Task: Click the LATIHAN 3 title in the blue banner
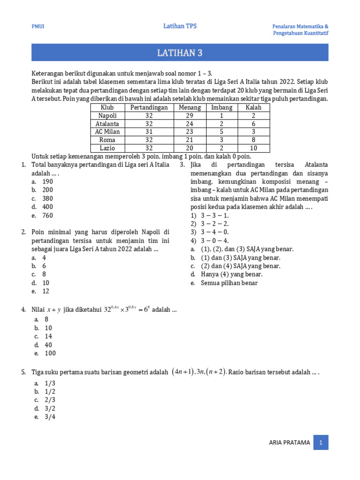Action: tap(180, 52)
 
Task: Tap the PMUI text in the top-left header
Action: tap(38, 27)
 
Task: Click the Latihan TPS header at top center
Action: tap(180, 26)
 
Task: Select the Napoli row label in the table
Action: tap(107, 115)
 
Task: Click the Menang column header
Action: tap(190, 107)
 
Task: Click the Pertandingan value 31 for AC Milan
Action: tap(149, 132)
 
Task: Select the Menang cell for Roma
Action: tap(190, 140)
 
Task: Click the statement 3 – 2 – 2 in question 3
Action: tap(214, 224)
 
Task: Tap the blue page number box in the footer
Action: tap(321, 442)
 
